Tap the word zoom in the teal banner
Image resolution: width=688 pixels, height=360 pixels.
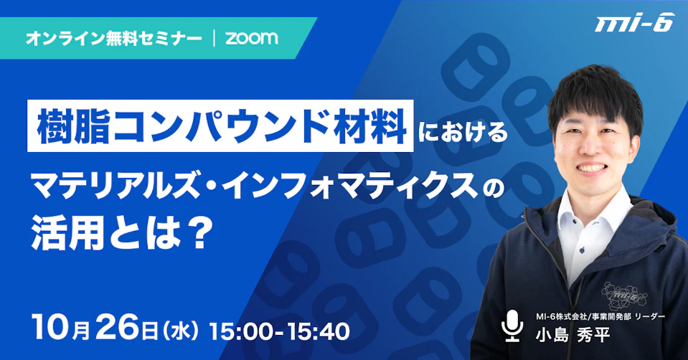click(251, 38)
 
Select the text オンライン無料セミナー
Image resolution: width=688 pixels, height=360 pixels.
click(114, 39)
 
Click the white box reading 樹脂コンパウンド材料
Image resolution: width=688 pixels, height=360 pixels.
click(220, 125)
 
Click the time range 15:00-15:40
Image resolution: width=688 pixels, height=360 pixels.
click(280, 331)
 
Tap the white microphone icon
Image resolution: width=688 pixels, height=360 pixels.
click(512, 326)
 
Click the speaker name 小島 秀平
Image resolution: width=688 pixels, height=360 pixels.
click(572, 335)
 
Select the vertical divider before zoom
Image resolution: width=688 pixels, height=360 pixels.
click(214, 39)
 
